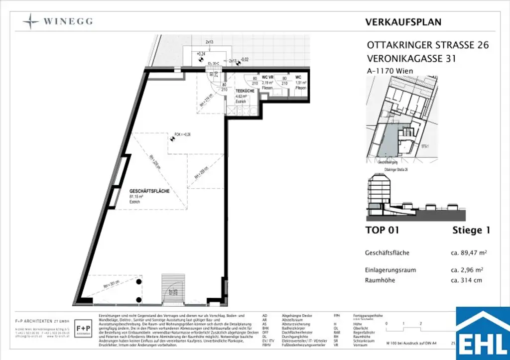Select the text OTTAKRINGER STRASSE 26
click(427, 45)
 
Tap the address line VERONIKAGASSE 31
click(411, 59)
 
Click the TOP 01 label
click(382, 230)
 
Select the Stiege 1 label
click(471, 230)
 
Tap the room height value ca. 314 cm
click(466, 280)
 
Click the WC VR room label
click(268, 78)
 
